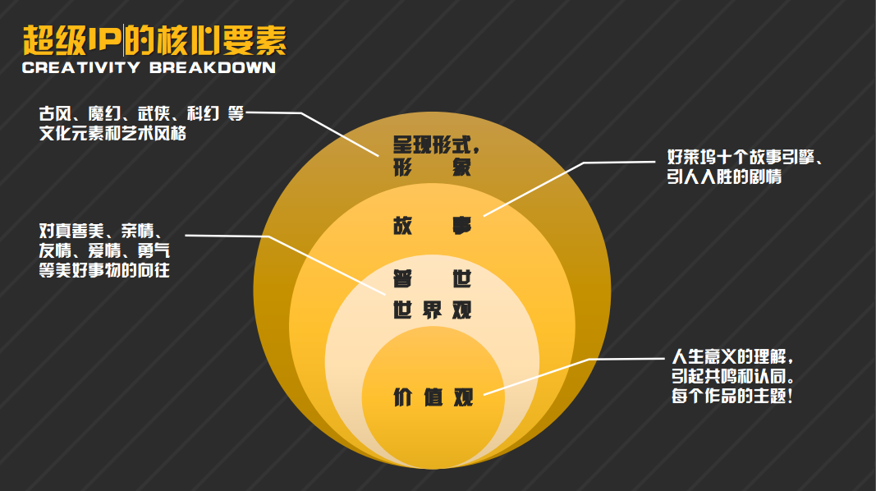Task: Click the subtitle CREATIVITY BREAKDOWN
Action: coord(149,68)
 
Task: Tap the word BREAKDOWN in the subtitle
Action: coord(213,68)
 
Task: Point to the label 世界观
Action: coord(433,310)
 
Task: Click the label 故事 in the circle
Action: coord(433,226)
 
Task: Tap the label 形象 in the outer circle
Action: coord(433,169)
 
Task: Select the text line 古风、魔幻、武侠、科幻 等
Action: coord(141,114)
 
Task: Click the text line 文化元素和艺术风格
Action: coord(112,133)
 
